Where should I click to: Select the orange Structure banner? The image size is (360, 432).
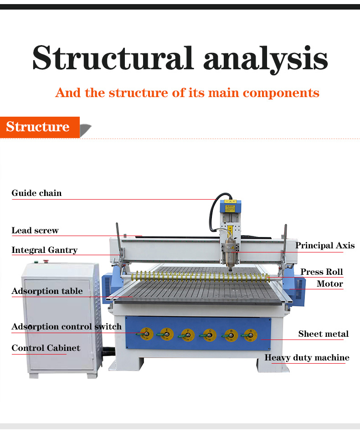[x=38, y=127]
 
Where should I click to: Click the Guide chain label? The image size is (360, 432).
[x=36, y=193]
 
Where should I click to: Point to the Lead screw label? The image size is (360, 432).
[x=35, y=231]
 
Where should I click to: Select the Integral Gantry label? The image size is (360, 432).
[x=44, y=250]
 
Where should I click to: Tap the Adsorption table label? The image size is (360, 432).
[x=47, y=291]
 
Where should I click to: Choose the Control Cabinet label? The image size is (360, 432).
[x=46, y=348]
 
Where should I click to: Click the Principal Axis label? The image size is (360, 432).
[x=324, y=246]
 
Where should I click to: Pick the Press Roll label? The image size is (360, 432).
[x=321, y=272]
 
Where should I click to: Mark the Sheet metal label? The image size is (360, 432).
[x=323, y=334]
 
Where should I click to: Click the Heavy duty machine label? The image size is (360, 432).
[x=307, y=358]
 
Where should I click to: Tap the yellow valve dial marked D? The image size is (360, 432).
[x=146, y=334]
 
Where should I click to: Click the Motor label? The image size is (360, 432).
[x=329, y=284]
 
